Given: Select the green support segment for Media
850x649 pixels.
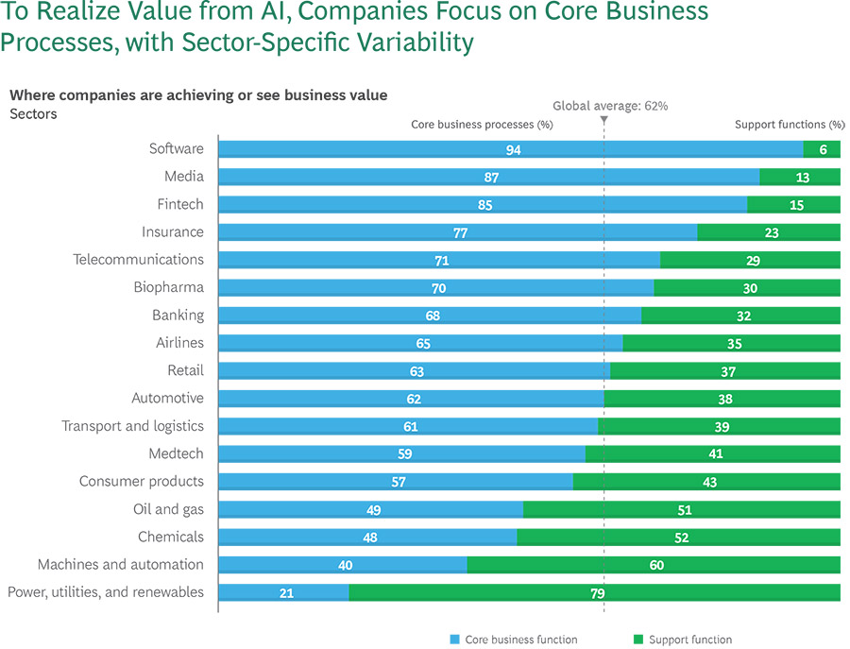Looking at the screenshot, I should click(800, 177).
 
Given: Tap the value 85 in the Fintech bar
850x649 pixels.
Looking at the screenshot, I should click(484, 205).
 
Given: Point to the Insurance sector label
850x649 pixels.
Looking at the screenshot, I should click(172, 231).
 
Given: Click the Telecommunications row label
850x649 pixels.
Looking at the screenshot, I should click(138, 259).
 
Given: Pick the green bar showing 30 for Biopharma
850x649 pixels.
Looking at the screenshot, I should click(747, 288).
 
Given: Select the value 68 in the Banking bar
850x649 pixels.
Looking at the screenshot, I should click(433, 316).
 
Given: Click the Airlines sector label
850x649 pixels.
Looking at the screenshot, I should click(179, 342).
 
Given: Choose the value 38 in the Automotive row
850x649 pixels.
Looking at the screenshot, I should click(724, 399).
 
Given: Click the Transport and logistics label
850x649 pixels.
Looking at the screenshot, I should click(132, 425).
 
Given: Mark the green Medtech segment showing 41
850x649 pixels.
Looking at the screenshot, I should click(715, 454).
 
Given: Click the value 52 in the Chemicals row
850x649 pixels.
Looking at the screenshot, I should click(681, 538).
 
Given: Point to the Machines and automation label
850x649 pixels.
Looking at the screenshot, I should click(120, 564).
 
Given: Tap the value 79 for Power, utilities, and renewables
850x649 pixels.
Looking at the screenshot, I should click(597, 593).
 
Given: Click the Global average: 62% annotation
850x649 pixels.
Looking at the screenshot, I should click(609, 106).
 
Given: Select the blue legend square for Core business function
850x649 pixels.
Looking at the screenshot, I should click(455, 640).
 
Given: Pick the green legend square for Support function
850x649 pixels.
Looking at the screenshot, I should click(638, 640).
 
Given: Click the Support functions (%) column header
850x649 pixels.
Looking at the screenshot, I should click(789, 124).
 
